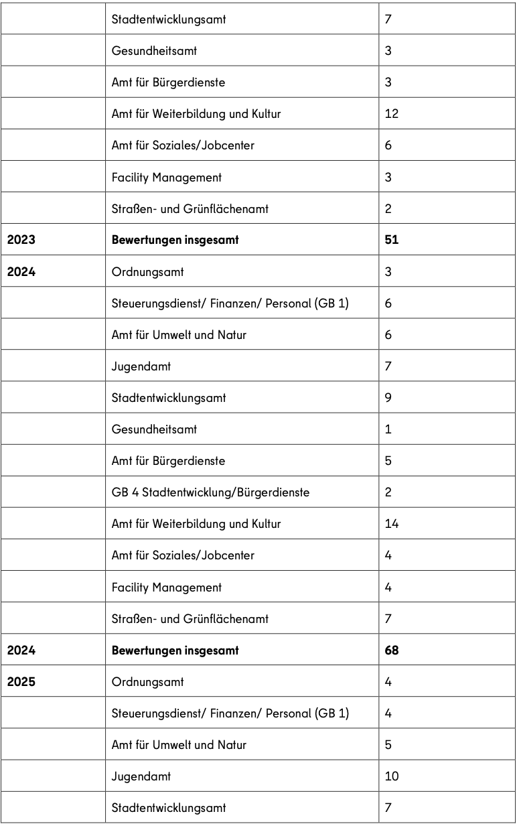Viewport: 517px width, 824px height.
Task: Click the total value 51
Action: [x=392, y=240]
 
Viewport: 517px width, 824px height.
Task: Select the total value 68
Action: [x=392, y=650]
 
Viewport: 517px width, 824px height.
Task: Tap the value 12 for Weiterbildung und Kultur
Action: [x=392, y=114]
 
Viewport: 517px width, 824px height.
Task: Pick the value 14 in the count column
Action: [x=392, y=524]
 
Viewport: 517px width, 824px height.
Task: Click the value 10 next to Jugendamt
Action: [x=392, y=776]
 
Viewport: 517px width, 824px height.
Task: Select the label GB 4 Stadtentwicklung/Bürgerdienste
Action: [x=210, y=492]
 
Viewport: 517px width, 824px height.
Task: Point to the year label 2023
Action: [x=21, y=240]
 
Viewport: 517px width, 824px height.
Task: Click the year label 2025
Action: [x=21, y=682]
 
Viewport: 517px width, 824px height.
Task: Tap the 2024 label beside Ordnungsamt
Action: [x=21, y=272]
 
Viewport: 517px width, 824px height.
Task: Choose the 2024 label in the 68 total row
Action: [x=21, y=650]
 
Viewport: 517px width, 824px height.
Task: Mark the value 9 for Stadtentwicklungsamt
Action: [x=388, y=398]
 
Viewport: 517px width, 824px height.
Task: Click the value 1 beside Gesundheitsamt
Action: [x=388, y=429]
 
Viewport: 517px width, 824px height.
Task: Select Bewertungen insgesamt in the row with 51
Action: [x=175, y=240]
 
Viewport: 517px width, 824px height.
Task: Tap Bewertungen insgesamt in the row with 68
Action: [x=175, y=650]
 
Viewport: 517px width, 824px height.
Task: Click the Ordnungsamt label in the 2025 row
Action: [x=147, y=682]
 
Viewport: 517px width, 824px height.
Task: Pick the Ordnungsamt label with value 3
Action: [x=147, y=272]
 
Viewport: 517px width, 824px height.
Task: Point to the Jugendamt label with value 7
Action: [x=141, y=366]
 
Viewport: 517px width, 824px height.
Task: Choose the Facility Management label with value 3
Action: [x=166, y=178]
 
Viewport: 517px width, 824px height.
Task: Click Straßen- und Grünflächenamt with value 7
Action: [x=190, y=619]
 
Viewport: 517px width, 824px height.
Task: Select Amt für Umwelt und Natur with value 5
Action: [x=179, y=745]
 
